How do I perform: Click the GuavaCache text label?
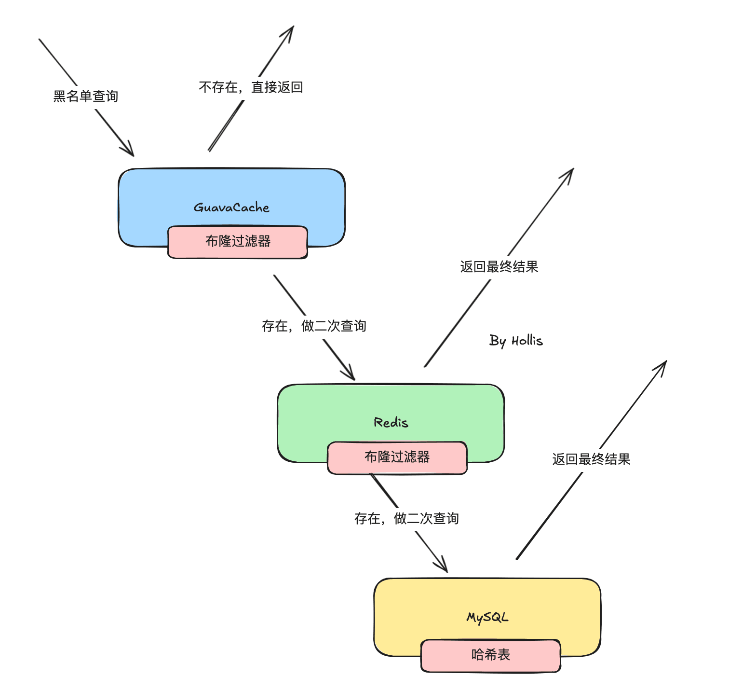point(231,207)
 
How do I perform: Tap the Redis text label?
point(391,423)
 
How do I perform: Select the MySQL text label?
point(487,618)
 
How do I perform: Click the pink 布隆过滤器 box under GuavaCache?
point(238,242)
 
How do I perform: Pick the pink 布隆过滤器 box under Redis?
point(397,457)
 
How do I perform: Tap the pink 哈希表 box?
point(491,655)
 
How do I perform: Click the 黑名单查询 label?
point(86,97)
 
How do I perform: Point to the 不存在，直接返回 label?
point(251,87)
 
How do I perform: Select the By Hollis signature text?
point(516,341)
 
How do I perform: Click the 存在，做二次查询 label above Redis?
point(314,326)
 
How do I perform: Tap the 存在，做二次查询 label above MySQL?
point(406,519)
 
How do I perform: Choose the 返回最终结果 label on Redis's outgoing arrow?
point(499,267)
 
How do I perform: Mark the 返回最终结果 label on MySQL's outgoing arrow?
point(591,459)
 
